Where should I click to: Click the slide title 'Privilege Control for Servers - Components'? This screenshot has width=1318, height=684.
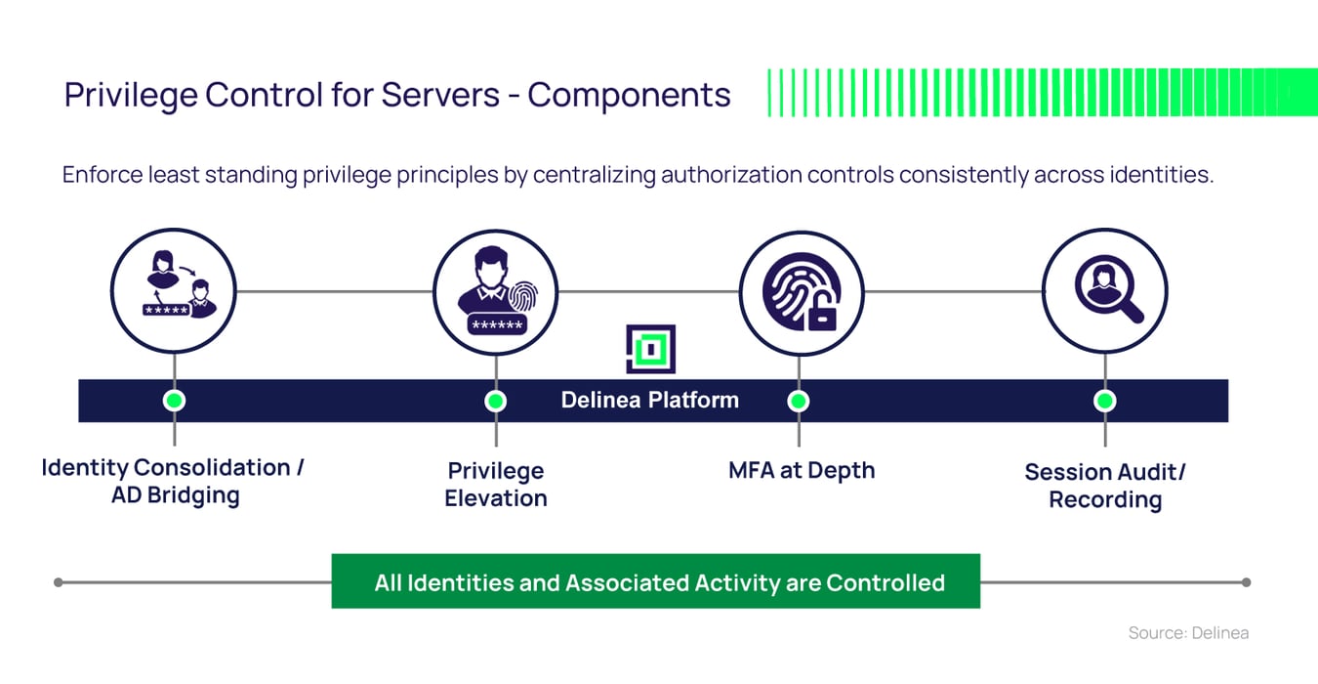tap(396, 95)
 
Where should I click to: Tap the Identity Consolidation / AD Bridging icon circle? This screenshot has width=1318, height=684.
tap(174, 290)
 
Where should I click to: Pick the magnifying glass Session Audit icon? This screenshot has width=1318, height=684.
tap(1105, 290)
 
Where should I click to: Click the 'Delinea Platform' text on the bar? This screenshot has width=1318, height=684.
tap(649, 401)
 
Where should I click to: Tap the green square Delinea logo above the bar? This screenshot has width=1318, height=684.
tap(650, 349)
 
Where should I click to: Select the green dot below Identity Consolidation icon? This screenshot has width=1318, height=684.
tap(175, 401)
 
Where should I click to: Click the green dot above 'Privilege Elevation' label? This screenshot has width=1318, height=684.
tap(495, 401)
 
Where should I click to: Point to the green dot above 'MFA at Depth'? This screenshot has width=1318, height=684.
tap(798, 401)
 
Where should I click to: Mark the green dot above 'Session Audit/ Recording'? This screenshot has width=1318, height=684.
tap(1104, 401)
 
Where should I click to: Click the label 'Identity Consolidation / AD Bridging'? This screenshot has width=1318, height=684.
tap(173, 481)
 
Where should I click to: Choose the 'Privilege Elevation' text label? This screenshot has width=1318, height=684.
tap(495, 485)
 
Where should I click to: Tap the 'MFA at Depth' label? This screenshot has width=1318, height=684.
tap(802, 470)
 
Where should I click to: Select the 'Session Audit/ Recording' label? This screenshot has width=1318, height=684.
tap(1105, 486)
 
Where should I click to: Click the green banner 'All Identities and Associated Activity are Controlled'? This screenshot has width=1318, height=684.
tap(655, 582)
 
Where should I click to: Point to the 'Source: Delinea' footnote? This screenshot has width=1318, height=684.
tap(1188, 633)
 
